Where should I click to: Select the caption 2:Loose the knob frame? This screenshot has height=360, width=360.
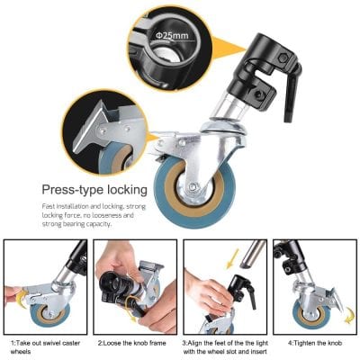pyautogui.click(x=134, y=343)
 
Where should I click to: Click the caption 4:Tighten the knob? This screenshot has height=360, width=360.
pyautogui.click(x=314, y=343)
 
